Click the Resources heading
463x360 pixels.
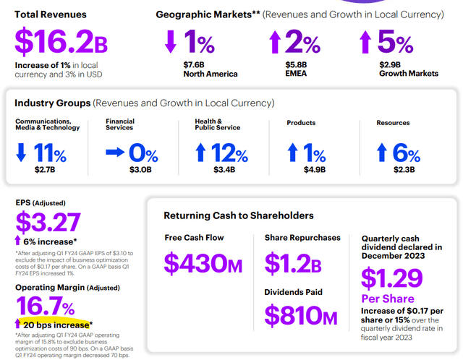click(x=393, y=123)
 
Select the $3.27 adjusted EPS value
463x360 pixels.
click(x=48, y=223)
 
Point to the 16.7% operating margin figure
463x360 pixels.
click(x=46, y=306)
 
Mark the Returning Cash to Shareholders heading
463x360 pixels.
click(x=238, y=215)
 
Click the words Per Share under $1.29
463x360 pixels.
click(x=387, y=299)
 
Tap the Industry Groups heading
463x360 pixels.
click(x=51, y=103)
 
